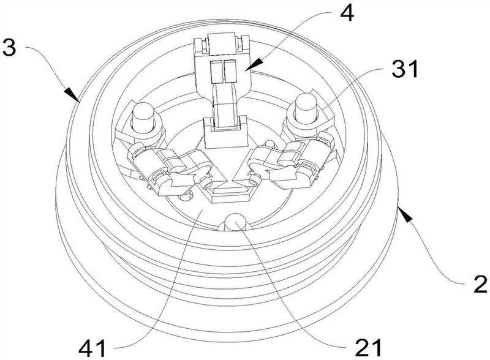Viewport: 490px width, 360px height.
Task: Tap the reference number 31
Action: [405, 69]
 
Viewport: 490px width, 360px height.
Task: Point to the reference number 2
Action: [480, 283]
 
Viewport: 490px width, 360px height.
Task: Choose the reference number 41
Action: [92, 348]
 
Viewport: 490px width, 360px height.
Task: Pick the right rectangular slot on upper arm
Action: [230, 71]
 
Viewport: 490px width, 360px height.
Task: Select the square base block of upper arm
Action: [224, 132]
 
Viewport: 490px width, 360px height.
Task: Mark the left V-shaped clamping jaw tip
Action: [221, 181]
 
